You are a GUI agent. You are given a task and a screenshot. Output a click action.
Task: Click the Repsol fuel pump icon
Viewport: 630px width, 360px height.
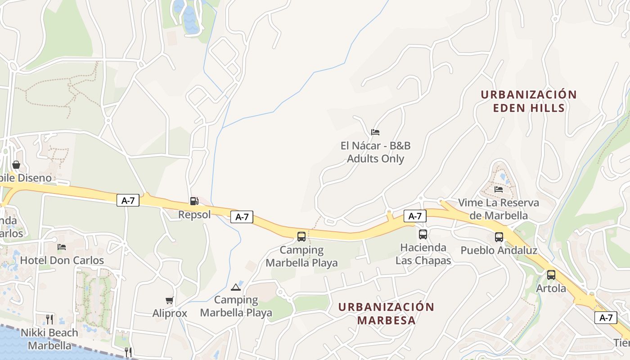[194, 201]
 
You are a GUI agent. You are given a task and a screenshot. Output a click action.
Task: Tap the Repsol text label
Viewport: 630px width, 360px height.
[194, 215]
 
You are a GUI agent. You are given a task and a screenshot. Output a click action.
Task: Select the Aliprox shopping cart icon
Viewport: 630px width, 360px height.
[169, 300]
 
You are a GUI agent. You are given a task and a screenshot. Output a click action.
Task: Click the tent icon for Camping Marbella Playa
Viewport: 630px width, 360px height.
[236, 287]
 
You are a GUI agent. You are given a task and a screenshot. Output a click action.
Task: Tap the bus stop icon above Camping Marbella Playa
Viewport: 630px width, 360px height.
[301, 236]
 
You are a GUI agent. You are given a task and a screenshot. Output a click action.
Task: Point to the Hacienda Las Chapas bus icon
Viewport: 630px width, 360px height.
[423, 234]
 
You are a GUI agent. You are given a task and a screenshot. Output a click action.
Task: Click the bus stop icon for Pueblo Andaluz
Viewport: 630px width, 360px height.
[499, 237]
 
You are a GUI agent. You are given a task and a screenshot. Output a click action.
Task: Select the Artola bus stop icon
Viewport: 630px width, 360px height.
[551, 275]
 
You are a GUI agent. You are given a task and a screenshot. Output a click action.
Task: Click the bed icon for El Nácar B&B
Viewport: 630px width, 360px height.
[375, 132]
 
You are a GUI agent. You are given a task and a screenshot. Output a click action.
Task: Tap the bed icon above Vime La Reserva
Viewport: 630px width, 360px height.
[499, 189]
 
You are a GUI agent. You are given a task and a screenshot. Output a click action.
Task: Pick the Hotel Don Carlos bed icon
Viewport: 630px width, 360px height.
[62, 247]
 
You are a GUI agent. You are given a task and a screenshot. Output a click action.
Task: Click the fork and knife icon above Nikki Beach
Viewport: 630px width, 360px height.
[49, 319]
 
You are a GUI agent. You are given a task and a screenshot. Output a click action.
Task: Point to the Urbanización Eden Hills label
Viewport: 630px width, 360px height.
[529, 101]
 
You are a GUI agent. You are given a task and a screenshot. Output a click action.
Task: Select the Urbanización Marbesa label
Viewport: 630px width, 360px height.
[386, 314]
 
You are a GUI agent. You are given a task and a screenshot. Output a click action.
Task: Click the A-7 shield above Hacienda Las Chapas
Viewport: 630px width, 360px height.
[414, 216]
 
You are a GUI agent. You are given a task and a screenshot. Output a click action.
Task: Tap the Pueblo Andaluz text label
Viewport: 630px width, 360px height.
[499, 250]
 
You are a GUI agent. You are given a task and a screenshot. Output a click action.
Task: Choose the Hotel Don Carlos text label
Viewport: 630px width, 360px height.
[62, 260]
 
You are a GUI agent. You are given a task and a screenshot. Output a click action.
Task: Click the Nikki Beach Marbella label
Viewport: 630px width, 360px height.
[49, 339]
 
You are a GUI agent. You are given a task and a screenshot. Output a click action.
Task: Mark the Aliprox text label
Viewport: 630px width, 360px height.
[170, 313]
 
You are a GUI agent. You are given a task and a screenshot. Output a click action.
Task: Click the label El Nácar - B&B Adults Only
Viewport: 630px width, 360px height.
[375, 152]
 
